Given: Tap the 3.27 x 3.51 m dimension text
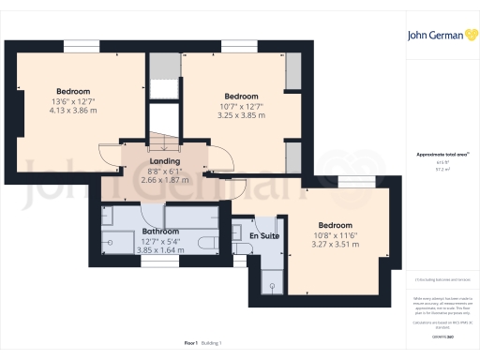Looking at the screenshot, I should click(x=335, y=244).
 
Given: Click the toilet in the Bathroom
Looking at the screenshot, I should click(x=208, y=242).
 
